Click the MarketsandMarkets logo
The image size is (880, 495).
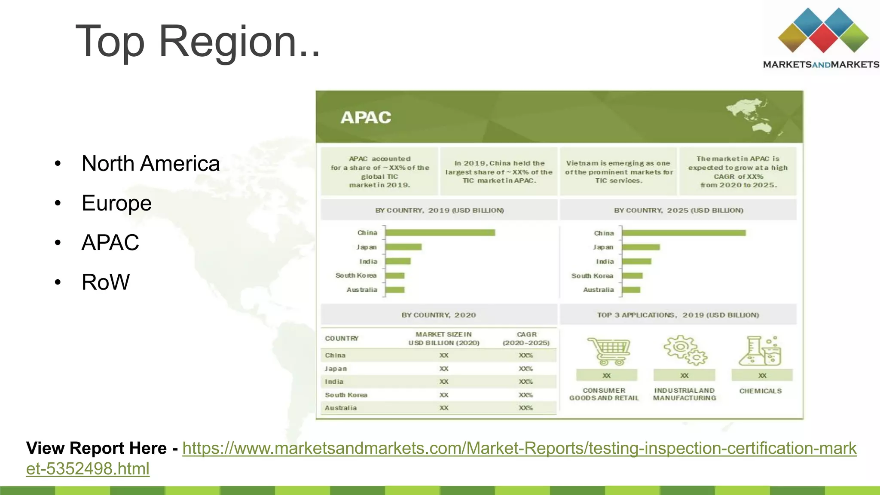tap(821, 39)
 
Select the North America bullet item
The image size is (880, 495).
tap(150, 164)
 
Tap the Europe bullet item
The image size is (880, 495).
tap(116, 203)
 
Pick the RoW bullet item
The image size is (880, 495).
tap(105, 282)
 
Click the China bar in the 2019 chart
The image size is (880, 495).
tap(440, 232)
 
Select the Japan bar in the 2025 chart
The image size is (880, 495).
tap(641, 247)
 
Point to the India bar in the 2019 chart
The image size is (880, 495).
tap(398, 261)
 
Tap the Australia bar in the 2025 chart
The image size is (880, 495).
tap(631, 290)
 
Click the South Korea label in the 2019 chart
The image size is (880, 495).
tap(356, 275)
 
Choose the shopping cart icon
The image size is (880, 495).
tap(608, 351)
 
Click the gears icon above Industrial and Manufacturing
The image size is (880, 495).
tap(684, 350)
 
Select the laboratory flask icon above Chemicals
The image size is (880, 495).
tap(760, 351)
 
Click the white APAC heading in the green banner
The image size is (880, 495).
tap(366, 117)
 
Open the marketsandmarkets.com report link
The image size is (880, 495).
tap(519, 449)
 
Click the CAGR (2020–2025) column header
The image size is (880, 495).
tap(526, 339)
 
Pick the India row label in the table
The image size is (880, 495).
tap(334, 382)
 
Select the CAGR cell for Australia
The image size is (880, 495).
tap(526, 408)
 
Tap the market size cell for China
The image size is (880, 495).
tap(444, 355)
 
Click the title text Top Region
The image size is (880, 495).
tap(198, 42)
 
